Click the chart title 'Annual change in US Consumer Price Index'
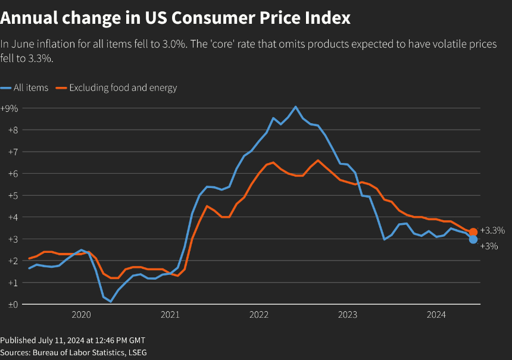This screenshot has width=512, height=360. (x=176, y=18)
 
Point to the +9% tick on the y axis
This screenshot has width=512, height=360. (x=10, y=108)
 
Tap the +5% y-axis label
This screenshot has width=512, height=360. (x=10, y=195)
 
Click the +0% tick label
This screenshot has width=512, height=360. (x=10, y=304)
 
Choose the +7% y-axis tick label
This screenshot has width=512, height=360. (x=10, y=152)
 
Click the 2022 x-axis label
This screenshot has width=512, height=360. (x=259, y=315)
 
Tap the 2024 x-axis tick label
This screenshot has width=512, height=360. (x=437, y=315)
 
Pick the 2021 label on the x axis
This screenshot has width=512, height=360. (x=170, y=315)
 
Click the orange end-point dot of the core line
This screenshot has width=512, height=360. (x=473, y=232)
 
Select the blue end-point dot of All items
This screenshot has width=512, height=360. (x=473, y=239)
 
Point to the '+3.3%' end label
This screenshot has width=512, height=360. (x=492, y=230)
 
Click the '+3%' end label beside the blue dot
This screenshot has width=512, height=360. (x=489, y=246)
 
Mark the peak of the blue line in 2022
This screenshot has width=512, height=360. (x=296, y=107)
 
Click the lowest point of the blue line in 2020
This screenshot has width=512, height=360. (x=110, y=302)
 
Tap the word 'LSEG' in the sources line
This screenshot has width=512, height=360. (x=136, y=352)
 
